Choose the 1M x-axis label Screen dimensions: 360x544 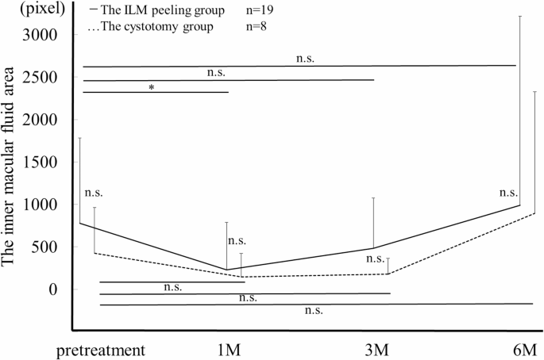pyautogui.click(x=229, y=349)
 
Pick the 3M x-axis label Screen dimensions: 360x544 pyautogui.click(x=373, y=349)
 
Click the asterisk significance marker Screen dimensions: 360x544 pyautogui.click(x=151, y=87)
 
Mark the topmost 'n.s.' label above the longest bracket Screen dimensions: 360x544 pyautogui.click(x=304, y=59)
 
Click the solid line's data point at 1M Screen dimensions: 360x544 pyautogui.click(x=227, y=270)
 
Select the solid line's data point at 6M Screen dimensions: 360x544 pyautogui.click(x=519, y=205)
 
